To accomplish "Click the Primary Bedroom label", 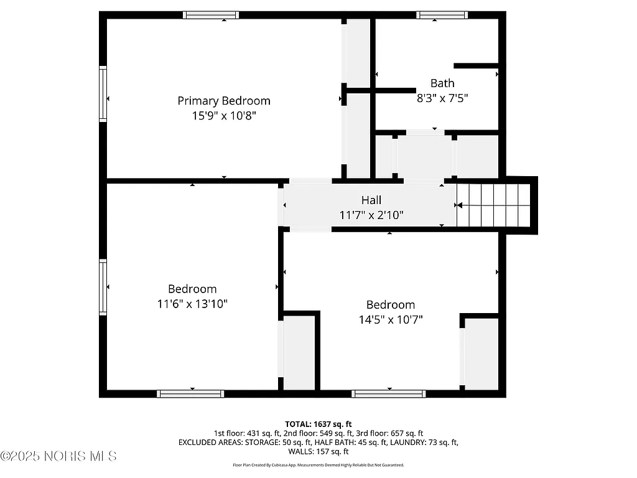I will [x=224, y=101].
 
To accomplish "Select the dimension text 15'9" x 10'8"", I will [x=224, y=116].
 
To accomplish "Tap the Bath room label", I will [x=442, y=83].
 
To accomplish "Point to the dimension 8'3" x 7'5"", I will [x=442, y=98].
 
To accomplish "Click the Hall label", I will [x=371, y=200].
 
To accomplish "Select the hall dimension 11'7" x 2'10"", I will [x=371, y=215].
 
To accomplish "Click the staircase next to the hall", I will [x=495, y=205].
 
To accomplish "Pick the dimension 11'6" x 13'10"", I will [x=192, y=304].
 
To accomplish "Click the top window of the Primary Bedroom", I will [x=211, y=15].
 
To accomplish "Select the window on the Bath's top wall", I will [x=442, y=15].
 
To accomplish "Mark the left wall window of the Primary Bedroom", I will [x=103, y=93].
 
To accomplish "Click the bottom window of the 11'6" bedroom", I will [x=190, y=393].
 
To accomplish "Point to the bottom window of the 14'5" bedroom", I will [x=389, y=393].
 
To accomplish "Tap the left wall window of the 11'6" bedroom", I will [x=103, y=287].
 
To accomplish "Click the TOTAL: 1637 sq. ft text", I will [x=318, y=424].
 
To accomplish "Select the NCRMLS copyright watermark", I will [x=58, y=456].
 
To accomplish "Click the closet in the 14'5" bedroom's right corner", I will [x=481, y=354].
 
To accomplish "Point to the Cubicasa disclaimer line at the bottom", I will [x=318, y=465].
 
